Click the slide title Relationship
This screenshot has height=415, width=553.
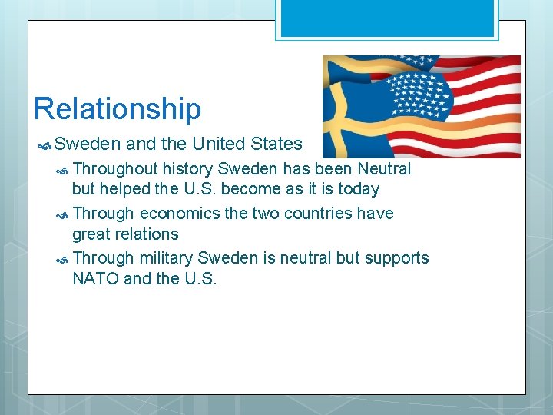[117, 108]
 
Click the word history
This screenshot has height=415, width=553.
[188, 168]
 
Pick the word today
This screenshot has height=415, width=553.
[357, 189]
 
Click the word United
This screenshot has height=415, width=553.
[222, 144]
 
